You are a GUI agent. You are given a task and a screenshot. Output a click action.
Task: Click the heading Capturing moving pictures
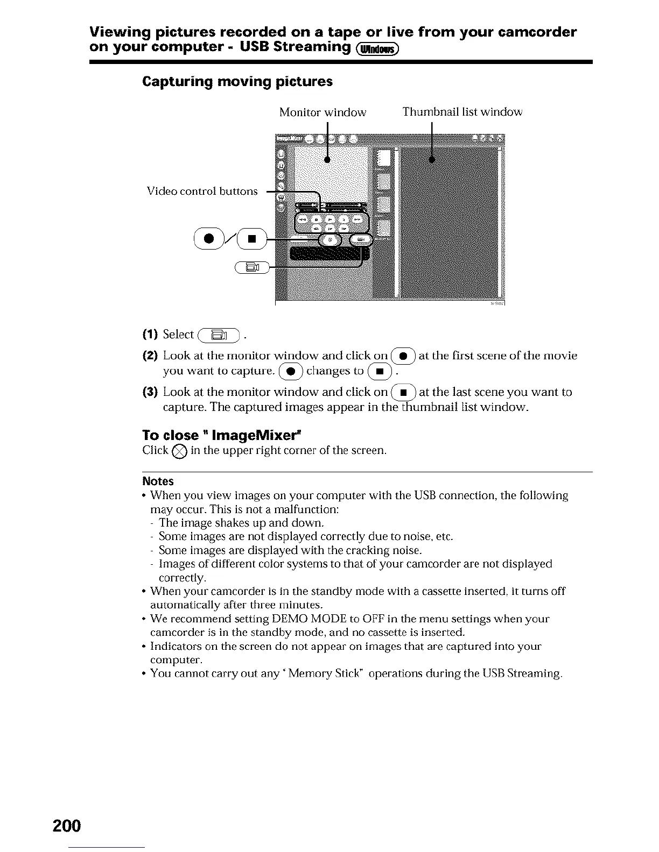pos(237,82)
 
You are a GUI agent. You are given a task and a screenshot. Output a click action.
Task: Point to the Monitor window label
pos(323,112)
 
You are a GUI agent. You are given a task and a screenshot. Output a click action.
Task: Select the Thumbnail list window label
pos(462,112)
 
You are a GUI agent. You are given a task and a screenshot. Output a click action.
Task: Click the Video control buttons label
pos(202,191)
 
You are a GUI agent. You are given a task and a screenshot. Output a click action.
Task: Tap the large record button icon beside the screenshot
pos(212,239)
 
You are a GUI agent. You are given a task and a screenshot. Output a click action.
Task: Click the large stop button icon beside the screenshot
pos(250,239)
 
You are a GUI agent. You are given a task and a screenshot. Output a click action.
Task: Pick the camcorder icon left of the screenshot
pos(252,267)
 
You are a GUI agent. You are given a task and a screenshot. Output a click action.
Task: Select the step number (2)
pos(150,356)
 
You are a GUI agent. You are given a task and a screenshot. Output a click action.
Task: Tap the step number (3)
pos(150,392)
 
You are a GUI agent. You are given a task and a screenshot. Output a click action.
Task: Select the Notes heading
pos(158,481)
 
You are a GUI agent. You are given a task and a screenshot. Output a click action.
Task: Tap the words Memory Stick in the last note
pos(320,673)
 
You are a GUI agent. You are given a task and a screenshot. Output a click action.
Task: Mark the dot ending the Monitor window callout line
pos(327,159)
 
